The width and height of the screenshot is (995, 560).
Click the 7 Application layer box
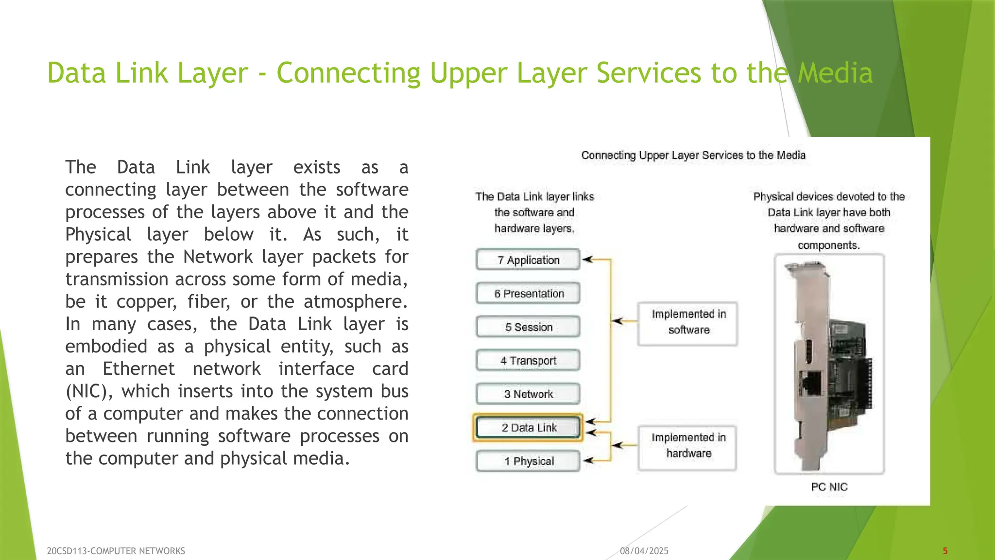coord(528,260)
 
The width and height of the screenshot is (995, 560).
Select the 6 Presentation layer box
coord(528,293)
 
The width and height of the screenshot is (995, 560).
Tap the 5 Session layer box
coord(528,327)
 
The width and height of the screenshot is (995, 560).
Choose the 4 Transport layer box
coord(528,360)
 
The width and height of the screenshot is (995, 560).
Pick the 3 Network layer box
coord(528,394)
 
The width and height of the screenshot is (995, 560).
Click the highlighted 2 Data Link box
coord(528,427)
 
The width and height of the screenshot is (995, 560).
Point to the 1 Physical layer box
coord(528,461)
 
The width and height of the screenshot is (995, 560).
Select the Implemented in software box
coord(688,322)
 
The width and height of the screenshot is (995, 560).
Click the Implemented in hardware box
coord(688,446)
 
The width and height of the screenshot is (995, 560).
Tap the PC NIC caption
coord(829,487)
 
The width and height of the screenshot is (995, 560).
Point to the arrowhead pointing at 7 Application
coord(587,260)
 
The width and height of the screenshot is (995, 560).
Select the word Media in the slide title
coord(835,73)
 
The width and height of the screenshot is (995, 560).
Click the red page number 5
coord(945,551)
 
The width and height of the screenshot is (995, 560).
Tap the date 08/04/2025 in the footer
coord(644,551)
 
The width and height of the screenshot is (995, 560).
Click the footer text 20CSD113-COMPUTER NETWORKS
coord(116,551)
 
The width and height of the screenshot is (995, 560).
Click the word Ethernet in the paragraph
coord(138,369)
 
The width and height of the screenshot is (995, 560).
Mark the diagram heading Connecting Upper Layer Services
coord(693,155)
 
